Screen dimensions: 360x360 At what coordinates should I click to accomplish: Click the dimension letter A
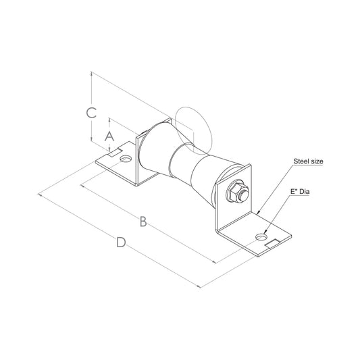click(x=109, y=136)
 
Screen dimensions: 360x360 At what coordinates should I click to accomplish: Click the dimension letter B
click(x=143, y=222)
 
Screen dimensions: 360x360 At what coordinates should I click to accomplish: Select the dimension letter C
click(x=91, y=113)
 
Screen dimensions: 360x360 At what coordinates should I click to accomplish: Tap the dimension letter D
click(x=121, y=242)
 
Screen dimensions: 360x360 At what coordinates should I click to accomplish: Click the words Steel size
click(x=308, y=161)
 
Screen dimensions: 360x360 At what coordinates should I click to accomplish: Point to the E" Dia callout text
click(x=300, y=191)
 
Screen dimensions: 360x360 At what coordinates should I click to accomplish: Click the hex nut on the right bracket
click(x=236, y=192)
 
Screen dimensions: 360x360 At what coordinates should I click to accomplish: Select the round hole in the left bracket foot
click(x=126, y=159)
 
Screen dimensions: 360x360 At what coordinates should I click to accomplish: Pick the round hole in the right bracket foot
click(x=261, y=237)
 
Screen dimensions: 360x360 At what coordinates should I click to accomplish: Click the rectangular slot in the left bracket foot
click(x=115, y=152)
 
